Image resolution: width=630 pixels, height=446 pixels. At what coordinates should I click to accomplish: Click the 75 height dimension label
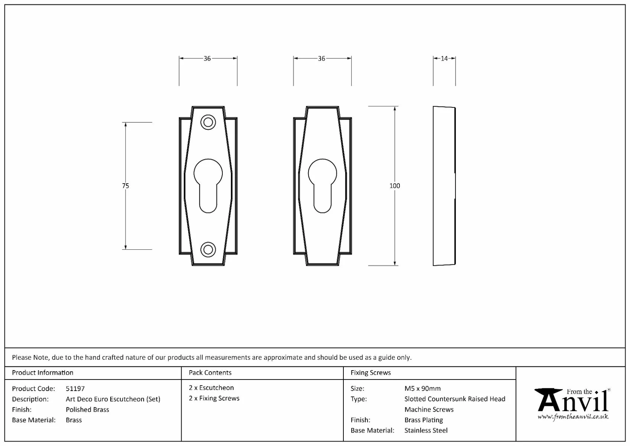click(125, 186)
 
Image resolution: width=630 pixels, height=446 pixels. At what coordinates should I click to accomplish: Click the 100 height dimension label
click(395, 186)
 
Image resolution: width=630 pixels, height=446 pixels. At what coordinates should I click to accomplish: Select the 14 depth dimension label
click(444, 58)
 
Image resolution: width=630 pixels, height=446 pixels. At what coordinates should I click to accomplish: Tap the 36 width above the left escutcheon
click(207, 58)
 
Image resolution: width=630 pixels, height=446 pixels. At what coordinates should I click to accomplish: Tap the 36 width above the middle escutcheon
click(321, 58)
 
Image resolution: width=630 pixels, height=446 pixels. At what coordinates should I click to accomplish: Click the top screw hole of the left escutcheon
click(208, 122)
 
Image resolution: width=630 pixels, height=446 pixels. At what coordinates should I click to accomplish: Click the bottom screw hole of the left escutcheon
click(208, 249)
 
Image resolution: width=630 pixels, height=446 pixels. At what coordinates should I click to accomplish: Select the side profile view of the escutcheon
click(444, 186)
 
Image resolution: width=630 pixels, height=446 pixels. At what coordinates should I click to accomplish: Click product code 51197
click(75, 389)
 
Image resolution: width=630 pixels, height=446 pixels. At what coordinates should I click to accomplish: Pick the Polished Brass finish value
click(87, 410)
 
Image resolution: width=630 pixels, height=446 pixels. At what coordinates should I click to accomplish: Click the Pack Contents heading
click(210, 373)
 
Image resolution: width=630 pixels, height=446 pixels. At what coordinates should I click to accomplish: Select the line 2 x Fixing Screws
click(214, 398)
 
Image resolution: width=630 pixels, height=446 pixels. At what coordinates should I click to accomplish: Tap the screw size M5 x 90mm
click(422, 389)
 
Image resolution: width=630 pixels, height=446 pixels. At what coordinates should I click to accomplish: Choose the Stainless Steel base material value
click(426, 430)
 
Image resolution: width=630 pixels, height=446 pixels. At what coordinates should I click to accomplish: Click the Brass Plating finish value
click(424, 420)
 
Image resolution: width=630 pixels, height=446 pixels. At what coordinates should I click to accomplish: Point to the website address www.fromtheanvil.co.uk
click(573, 417)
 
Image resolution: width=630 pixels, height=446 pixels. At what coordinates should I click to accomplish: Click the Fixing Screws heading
click(371, 373)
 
